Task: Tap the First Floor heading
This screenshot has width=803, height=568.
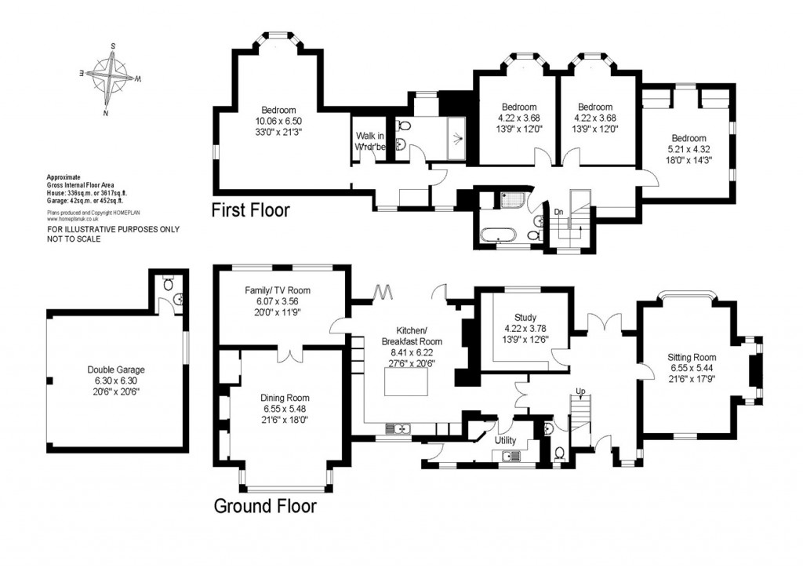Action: (x=251, y=210)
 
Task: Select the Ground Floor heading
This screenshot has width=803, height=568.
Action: (x=265, y=506)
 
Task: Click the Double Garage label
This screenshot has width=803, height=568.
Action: (x=116, y=370)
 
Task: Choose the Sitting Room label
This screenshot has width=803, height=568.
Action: (x=692, y=358)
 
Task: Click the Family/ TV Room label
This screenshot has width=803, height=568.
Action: (x=280, y=290)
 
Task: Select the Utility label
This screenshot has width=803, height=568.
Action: (x=504, y=440)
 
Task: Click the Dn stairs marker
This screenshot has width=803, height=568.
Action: (x=558, y=212)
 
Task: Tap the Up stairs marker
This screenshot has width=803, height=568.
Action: (x=580, y=391)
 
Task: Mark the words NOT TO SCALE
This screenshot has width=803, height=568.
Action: (x=74, y=239)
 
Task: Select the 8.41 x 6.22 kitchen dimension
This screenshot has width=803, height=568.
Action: (x=412, y=353)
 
